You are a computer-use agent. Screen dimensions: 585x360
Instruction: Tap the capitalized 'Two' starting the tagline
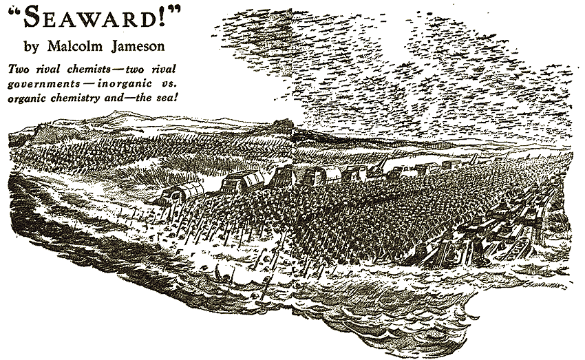tap(20, 70)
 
